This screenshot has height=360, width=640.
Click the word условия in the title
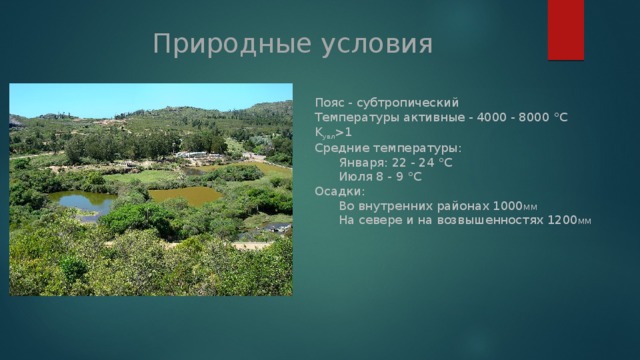point(377,44)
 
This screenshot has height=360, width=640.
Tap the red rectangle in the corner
point(566,30)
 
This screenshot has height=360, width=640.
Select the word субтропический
point(408,103)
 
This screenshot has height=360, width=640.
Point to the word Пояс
point(330,102)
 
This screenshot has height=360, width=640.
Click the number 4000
point(492,118)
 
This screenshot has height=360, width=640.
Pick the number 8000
point(534,118)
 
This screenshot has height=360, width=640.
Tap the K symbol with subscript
point(325,133)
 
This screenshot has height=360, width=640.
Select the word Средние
point(342,148)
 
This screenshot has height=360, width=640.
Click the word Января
point(362,162)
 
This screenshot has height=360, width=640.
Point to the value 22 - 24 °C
point(422,162)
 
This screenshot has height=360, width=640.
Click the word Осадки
point(338,191)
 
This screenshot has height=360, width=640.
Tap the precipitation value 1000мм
point(515,206)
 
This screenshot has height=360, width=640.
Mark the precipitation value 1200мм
point(569,220)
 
